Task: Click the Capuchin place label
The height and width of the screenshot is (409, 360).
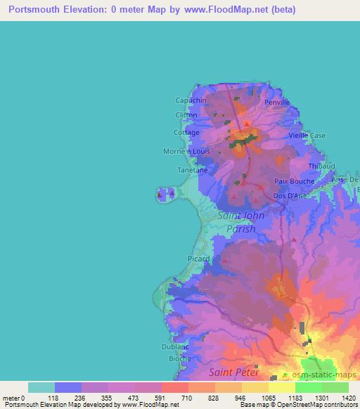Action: click(x=191, y=100)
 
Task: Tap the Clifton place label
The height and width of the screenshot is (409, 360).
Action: click(x=186, y=116)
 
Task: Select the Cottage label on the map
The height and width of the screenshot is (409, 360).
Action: click(x=186, y=132)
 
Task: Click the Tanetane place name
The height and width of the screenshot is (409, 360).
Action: click(x=191, y=170)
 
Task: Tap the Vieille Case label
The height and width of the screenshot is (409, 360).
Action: click(x=309, y=135)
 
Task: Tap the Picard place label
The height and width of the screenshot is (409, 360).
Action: click(x=198, y=259)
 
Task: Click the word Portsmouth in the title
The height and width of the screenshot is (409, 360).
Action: click(x=34, y=10)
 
